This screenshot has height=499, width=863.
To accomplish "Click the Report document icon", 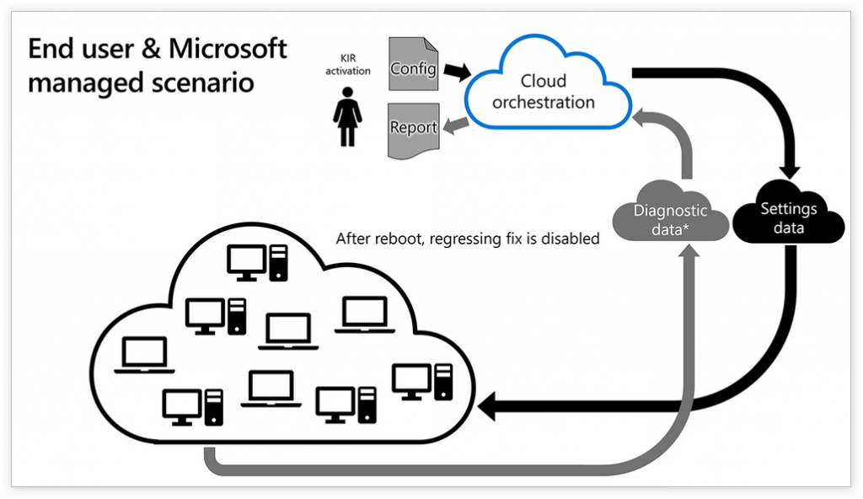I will (413, 129).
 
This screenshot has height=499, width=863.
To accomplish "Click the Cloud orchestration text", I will (544, 92).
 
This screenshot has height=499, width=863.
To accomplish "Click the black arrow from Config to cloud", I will (455, 72).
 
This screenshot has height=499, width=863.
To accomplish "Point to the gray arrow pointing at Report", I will (456, 126).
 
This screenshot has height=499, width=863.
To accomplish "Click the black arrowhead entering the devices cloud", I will (486, 409).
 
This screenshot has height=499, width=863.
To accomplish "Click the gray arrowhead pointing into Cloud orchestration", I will (649, 119).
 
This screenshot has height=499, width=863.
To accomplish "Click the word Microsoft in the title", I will (228, 49).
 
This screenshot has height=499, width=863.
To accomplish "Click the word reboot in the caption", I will (400, 239).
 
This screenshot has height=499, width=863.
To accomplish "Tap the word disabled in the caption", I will (572, 239).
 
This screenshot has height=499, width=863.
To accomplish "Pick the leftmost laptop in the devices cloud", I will (144, 355).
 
